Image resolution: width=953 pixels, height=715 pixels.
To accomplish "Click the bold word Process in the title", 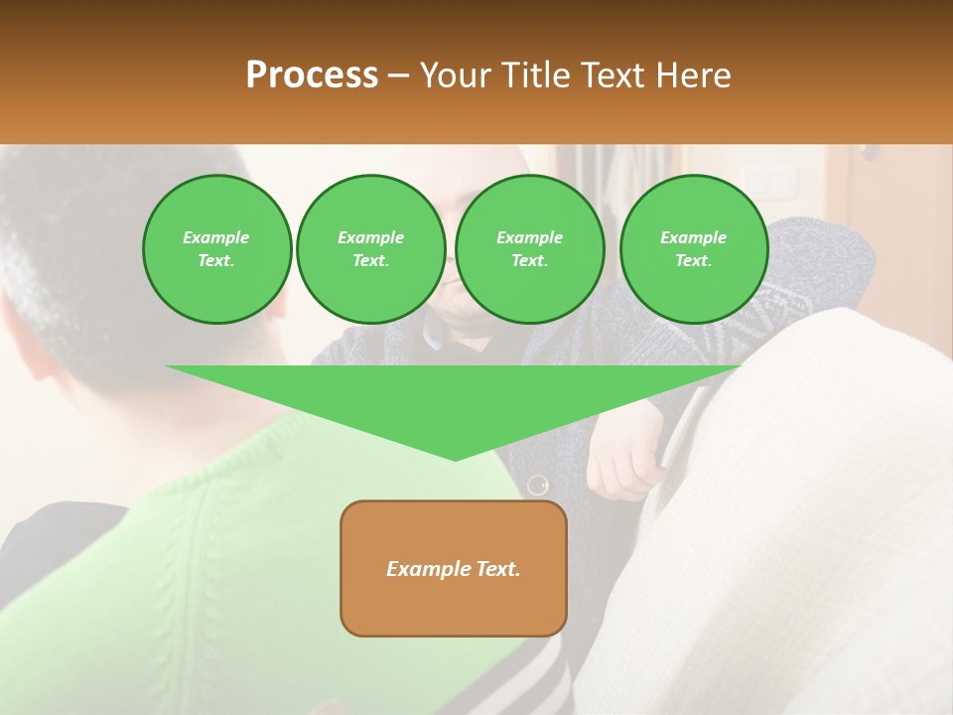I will click(312, 75).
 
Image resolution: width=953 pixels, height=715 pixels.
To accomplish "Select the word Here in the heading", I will click(693, 75).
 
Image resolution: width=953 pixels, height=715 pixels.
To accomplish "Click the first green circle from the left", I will click(216, 249).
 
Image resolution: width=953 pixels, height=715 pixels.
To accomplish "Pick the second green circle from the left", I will click(371, 249).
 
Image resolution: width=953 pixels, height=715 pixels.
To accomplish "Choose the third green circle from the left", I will click(530, 249).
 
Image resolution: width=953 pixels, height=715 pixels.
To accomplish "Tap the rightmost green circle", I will click(694, 249).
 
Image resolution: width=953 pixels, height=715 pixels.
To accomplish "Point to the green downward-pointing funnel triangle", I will click(454, 402).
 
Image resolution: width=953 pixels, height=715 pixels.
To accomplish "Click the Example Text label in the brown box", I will click(454, 569).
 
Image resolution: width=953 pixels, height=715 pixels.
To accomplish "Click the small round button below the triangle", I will click(537, 486).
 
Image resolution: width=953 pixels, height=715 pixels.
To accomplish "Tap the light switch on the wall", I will click(774, 180).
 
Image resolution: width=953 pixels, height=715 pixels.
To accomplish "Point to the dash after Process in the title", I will click(399, 75).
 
